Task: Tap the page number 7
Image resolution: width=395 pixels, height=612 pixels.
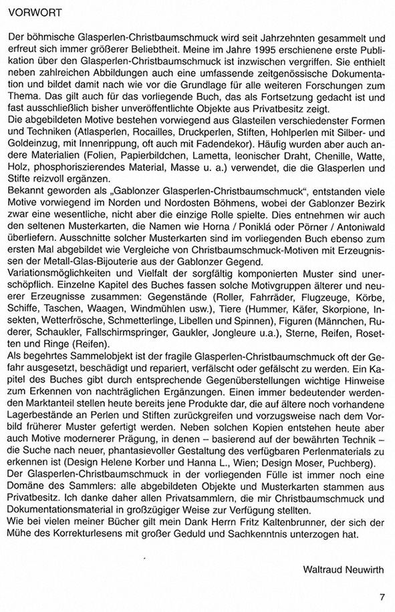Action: click(x=382, y=597)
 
